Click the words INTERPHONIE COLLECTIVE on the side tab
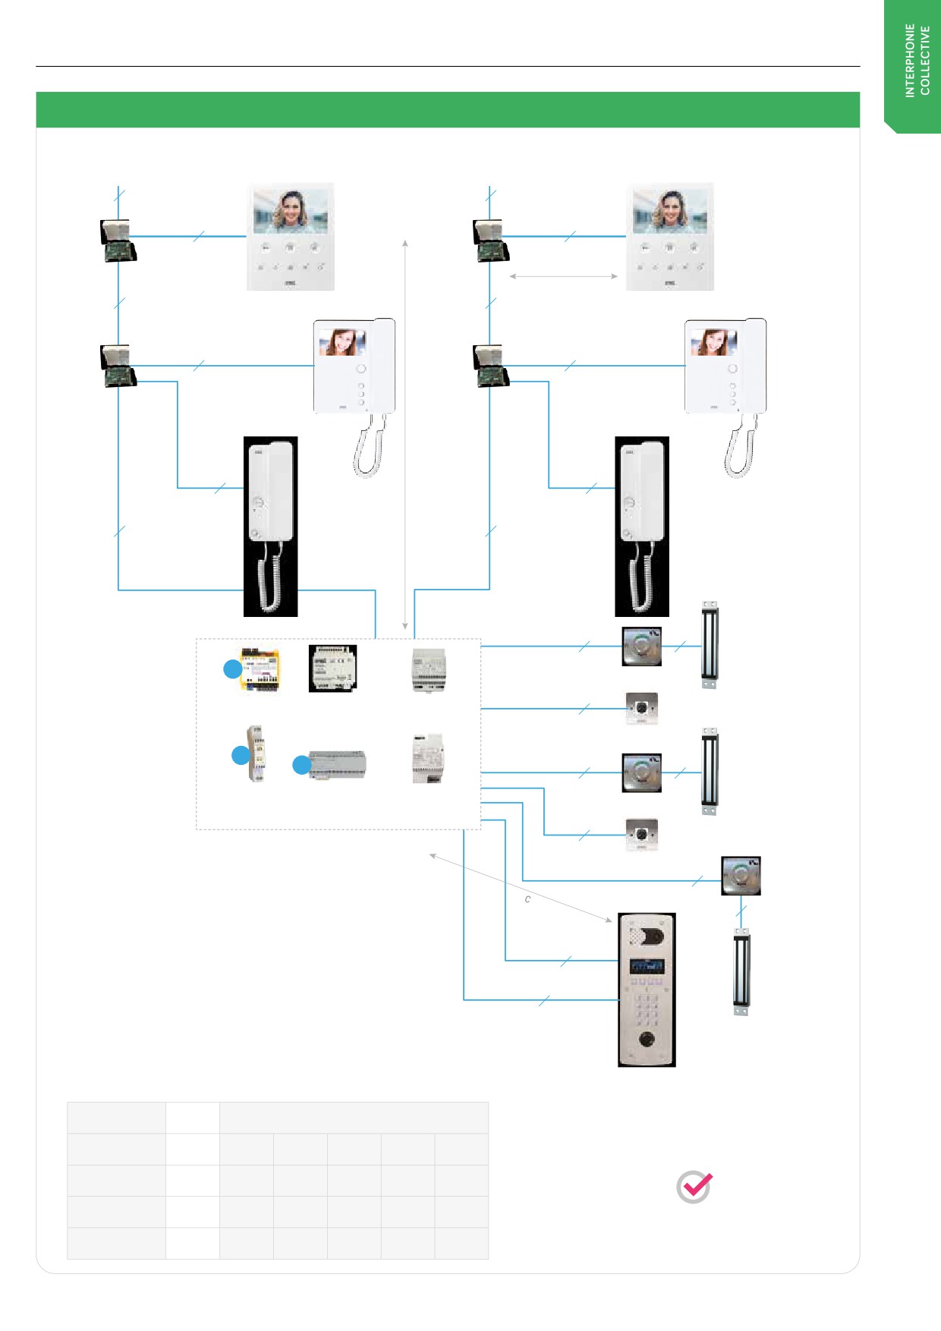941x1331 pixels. pyautogui.click(x=917, y=61)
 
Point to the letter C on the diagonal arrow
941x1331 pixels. pyautogui.click(x=527, y=899)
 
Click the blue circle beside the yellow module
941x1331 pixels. pyautogui.click(x=232, y=669)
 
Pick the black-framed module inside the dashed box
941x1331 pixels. pyautogui.click(x=332, y=669)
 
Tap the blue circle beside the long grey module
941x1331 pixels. pyautogui.click(x=302, y=765)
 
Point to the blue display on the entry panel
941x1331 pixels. pyautogui.click(x=647, y=967)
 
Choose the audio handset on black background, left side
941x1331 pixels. pyautogui.click(x=270, y=526)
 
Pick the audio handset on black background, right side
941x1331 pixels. pyautogui.click(x=642, y=526)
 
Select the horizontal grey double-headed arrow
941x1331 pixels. pyautogui.click(x=564, y=276)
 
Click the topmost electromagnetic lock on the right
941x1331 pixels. pyautogui.click(x=710, y=645)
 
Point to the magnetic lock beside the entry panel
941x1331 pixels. pyautogui.click(x=741, y=971)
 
